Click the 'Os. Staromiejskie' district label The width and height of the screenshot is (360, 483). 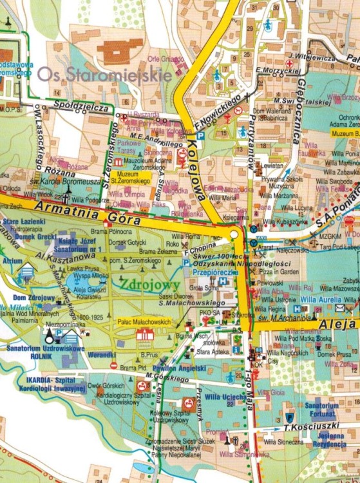(104, 75)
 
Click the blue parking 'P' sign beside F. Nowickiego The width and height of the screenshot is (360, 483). (200, 137)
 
